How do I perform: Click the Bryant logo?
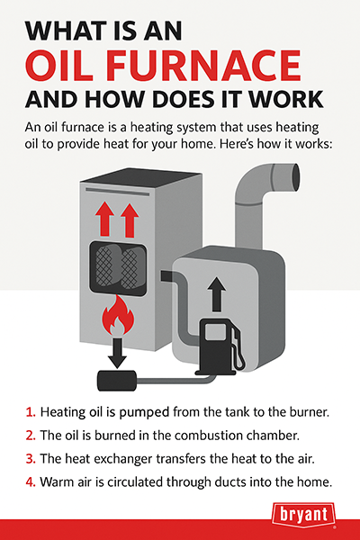[303, 515]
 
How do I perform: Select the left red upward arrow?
[104, 220]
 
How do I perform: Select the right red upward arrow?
[130, 220]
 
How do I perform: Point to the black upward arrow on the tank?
[217, 293]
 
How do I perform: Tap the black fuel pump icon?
[221, 346]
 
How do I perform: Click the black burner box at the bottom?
[117, 381]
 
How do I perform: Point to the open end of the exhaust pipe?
[294, 176]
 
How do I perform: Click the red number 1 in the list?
[31, 412]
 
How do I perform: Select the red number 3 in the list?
[31, 459]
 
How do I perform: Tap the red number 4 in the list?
[31, 482]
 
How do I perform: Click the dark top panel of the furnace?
[141, 178]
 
